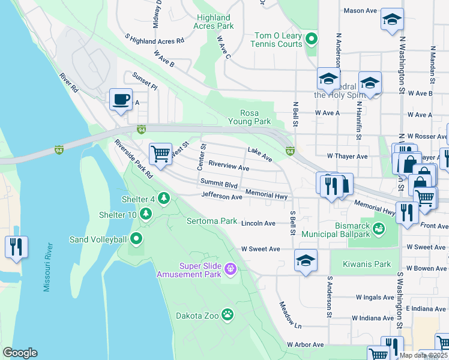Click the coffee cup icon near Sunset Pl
121,100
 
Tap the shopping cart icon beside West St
160,154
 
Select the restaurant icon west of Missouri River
16,247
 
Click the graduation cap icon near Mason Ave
392,20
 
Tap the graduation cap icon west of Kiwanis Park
306,261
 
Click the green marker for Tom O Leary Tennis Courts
311,40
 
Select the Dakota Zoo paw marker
228,314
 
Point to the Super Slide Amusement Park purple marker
231,270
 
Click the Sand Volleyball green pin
136,239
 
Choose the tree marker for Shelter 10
145,214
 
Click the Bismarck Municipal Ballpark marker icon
378,228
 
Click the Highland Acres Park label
214,22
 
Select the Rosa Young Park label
256,117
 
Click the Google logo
20,353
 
